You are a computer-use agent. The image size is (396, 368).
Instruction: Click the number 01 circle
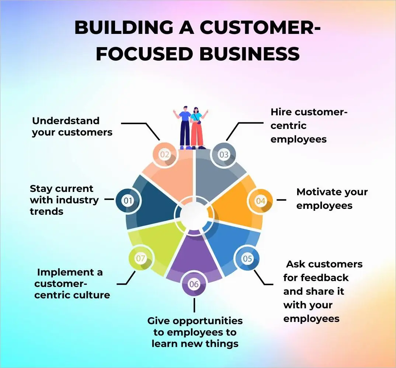tap(128, 201)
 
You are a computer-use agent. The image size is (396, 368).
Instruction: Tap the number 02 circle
tap(164, 155)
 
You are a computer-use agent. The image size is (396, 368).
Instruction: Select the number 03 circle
tap(224, 155)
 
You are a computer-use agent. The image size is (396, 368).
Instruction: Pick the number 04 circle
tap(261, 201)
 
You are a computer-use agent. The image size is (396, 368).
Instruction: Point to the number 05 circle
tap(247, 259)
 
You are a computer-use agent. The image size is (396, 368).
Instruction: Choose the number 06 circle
tap(194, 284)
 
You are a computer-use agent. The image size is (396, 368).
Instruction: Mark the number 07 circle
tap(140, 259)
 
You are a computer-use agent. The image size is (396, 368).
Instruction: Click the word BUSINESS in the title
tap(249, 54)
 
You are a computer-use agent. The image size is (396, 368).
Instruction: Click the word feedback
tap(325, 277)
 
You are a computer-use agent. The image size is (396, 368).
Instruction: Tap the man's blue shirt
tap(184, 115)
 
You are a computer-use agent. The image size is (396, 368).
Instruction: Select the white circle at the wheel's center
tap(194, 213)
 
